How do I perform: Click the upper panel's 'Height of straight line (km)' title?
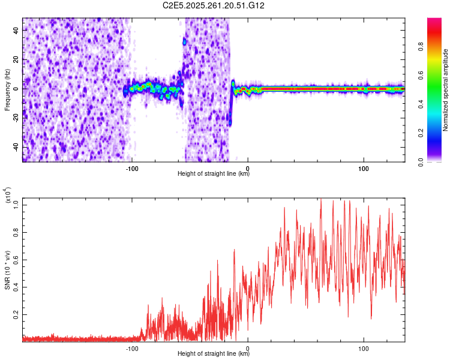[x=214, y=174]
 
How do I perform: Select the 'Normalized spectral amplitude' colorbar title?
[x=446, y=90]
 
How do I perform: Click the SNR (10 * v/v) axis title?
[x=7, y=269]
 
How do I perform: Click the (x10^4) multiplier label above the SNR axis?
[x=7, y=196]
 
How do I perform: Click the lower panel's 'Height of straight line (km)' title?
[x=214, y=354]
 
